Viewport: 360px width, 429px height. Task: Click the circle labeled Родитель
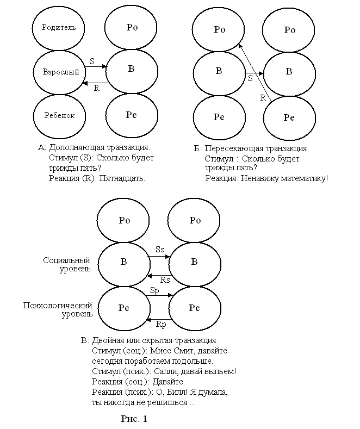click(x=59, y=27)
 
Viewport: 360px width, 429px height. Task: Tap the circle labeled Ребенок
click(x=60, y=115)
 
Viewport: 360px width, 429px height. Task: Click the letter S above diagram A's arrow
click(x=92, y=61)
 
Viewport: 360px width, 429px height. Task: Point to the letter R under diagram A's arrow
click(x=96, y=88)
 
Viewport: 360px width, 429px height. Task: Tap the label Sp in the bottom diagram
click(x=154, y=291)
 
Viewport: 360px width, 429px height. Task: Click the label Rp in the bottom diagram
click(x=161, y=325)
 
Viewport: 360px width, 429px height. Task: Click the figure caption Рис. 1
click(x=134, y=419)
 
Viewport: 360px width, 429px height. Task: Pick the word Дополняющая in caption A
click(x=75, y=147)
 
